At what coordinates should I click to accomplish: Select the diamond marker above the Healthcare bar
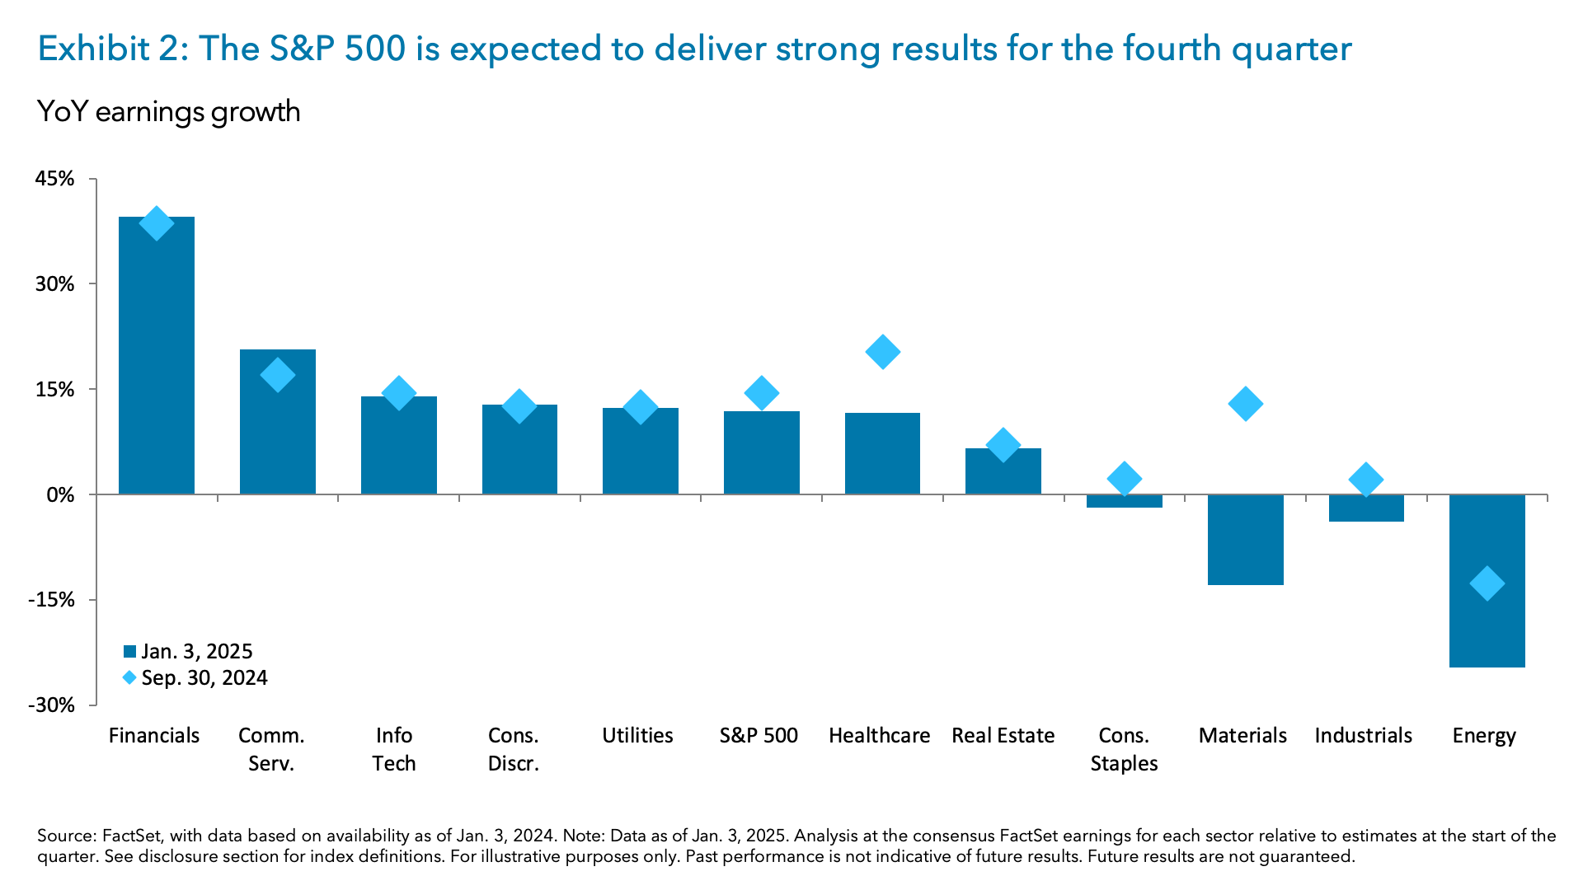coord(882,352)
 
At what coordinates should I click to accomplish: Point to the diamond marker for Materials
coord(1245,404)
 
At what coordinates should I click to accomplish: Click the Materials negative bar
coord(1245,540)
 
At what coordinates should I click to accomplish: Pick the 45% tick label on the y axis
coord(55,179)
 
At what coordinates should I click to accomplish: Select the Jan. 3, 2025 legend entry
coord(188,651)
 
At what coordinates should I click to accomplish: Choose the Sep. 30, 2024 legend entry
coord(195,677)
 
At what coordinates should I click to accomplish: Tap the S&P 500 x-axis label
coord(759,735)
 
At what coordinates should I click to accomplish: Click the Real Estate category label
coord(1003,735)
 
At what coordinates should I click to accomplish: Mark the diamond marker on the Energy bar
coord(1487,583)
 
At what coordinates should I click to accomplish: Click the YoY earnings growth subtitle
coord(169,111)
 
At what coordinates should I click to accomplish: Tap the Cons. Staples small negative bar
coord(1124,501)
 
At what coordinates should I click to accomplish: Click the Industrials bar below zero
coord(1366,508)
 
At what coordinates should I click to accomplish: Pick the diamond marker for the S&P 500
coord(761,393)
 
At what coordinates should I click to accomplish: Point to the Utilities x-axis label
coord(637,735)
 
